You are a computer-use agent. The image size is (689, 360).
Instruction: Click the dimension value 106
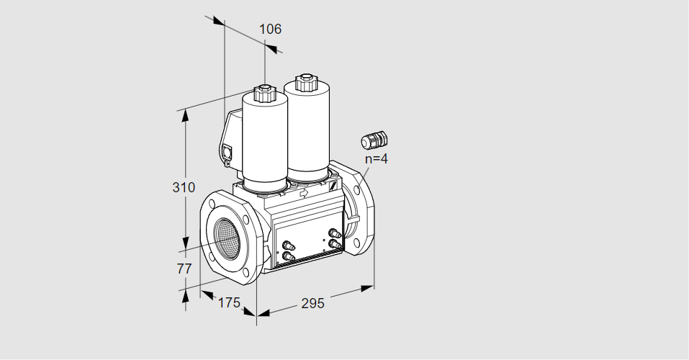pos(270,29)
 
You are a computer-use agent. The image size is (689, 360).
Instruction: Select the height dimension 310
pos(184,187)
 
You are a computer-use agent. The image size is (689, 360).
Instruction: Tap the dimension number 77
pos(184,269)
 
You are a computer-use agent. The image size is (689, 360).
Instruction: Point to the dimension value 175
pos(229,302)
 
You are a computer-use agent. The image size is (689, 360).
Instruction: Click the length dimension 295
pos(312,303)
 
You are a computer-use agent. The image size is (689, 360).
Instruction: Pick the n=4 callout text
pos(376,158)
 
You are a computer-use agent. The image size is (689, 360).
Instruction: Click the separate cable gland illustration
pos(374,140)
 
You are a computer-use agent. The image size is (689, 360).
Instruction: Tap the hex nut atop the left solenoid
pos(264,92)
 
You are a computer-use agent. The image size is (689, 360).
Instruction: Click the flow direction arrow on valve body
pos(304,193)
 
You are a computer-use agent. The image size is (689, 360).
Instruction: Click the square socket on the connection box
pos(228,153)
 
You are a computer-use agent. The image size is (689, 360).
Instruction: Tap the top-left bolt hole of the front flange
pos(212,204)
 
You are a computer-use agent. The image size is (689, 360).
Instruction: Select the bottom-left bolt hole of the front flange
pos(212,257)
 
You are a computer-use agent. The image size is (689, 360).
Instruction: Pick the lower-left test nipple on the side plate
pos(288,256)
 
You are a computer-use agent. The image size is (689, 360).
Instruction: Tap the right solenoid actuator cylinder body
pos(307,132)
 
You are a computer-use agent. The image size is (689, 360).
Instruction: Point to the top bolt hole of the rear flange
pos(356,190)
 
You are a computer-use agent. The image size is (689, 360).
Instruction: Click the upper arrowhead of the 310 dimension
pos(185,115)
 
